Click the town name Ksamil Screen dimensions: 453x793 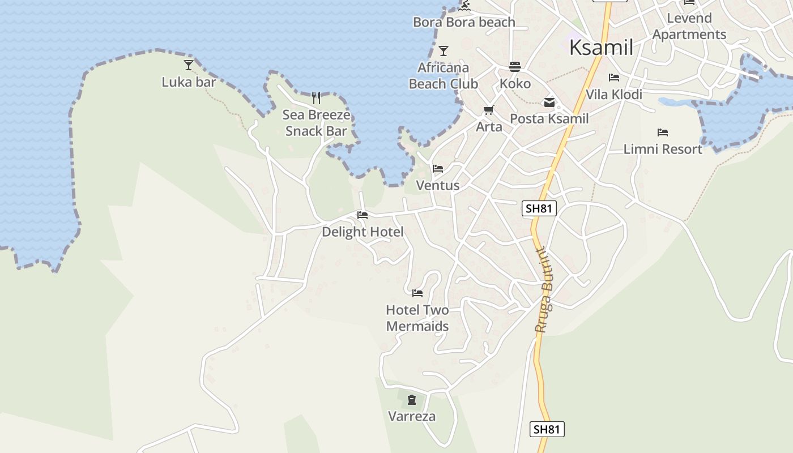tap(601, 48)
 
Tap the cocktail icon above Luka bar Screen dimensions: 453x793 tap(189, 65)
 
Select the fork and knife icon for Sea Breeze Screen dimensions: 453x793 tap(316, 98)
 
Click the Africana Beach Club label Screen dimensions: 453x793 tap(443, 76)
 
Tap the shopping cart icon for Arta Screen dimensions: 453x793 tap(488, 110)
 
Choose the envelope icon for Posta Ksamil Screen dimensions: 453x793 tap(549, 102)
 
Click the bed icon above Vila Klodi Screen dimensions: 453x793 tap(614, 78)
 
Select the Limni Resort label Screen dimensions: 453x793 tap(663, 149)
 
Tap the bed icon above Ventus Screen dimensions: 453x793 tap(438, 169)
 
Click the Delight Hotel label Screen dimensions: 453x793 tap(363, 232)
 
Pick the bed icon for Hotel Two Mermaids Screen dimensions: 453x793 tap(417, 293)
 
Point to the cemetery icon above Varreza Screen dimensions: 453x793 tap(412, 400)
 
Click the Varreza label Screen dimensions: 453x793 tap(412, 417)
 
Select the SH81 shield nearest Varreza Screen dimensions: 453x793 tap(547, 429)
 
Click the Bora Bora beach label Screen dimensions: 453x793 tap(464, 23)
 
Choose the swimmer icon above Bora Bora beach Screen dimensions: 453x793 tap(464, 6)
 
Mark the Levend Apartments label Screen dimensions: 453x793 tap(689, 26)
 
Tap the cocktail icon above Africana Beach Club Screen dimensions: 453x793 tap(444, 51)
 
